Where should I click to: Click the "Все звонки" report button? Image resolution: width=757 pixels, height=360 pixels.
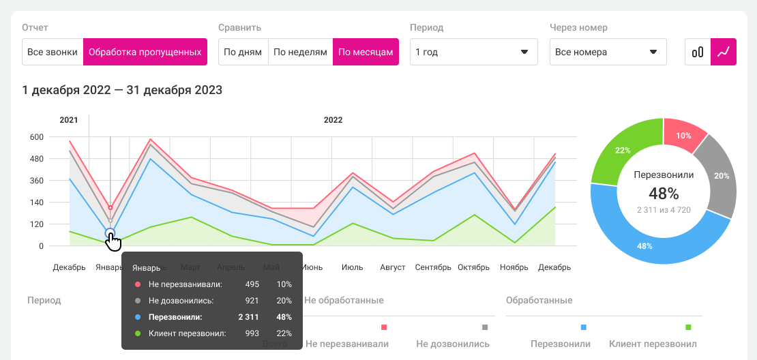coord(53,52)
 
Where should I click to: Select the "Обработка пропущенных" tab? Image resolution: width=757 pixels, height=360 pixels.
coord(145,52)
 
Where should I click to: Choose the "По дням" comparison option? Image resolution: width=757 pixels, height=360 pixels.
coord(243,52)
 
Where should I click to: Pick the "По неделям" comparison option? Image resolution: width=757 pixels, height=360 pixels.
coord(300,52)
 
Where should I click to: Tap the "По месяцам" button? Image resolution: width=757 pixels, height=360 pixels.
coord(366,52)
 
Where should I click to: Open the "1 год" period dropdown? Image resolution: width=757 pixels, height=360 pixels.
coord(473,52)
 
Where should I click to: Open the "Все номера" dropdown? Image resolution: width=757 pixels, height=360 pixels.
coord(608,52)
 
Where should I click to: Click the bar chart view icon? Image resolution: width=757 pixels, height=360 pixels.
coord(698,52)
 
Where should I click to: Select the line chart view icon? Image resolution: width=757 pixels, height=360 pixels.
coord(724,52)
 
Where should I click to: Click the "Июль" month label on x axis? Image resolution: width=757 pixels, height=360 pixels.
coord(352,267)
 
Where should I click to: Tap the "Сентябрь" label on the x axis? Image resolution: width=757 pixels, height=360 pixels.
coord(433,267)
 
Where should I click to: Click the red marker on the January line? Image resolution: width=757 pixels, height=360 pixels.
coord(110,208)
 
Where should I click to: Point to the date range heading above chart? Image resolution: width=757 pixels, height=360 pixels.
coord(122,90)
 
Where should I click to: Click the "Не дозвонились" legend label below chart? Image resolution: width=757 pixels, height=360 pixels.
coord(453,344)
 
